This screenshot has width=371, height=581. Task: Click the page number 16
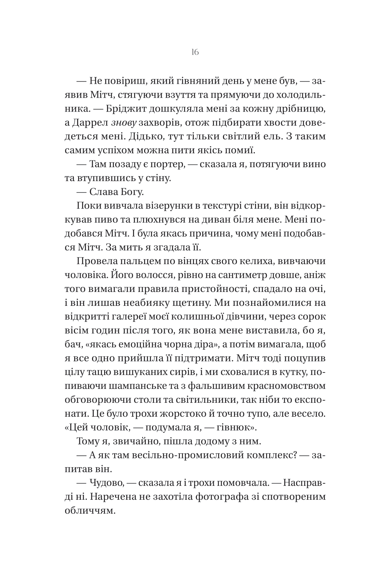(195, 52)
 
